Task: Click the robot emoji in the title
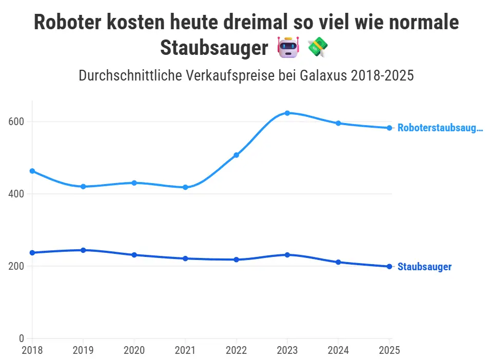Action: (x=288, y=48)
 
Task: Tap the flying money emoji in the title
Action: (x=318, y=48)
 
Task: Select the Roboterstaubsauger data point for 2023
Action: (x=287, y=113)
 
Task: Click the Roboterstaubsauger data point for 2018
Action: (x=32, y=171)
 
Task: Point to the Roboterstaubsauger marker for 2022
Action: (x=237, y=155)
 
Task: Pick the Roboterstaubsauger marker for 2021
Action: (x=185, y=187)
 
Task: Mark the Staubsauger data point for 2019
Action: (x=83, y=250)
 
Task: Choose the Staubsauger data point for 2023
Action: (x=287, y=254)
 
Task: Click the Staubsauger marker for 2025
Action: (x=389, y=266)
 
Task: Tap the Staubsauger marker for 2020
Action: (x=134, y=255)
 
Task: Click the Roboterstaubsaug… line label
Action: (x=440, y=128)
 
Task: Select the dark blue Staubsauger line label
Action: (x=424, y=267)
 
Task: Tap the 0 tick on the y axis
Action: (x=22, y=338)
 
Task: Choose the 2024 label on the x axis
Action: (x=338, y=351)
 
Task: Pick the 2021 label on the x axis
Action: (x=185, y=351)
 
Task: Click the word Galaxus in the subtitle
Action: (x=322, y=76)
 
